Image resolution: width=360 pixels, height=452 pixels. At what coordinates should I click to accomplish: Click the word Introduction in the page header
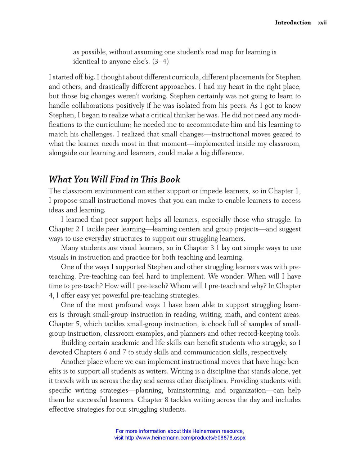click(x=293, y=22)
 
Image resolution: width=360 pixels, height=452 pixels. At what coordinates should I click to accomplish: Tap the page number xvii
click(x=323, y=23)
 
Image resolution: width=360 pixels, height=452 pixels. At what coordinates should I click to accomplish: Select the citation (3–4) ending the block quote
click(x=161, y=61)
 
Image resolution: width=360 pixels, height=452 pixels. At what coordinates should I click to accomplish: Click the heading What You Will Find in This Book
click(x=114, y=179)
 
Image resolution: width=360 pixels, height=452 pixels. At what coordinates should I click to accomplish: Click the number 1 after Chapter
click(x=297, y=191)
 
